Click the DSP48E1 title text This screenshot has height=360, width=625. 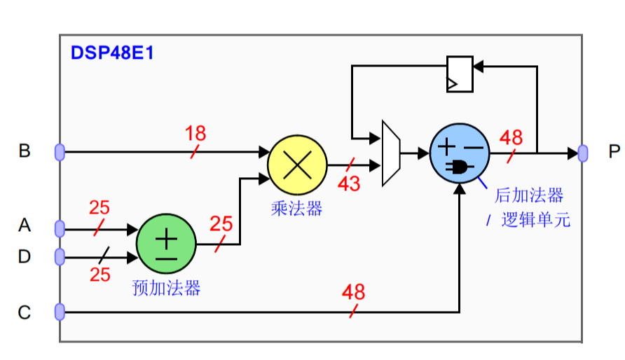point(111,53)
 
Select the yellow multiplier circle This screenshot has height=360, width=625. point(297,165)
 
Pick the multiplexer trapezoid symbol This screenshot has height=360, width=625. point(390,153)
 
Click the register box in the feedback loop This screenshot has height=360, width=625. point(460,74)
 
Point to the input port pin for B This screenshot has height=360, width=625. point(60,151)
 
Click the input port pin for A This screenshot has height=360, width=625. point(60,228)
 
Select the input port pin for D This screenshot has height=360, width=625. point(60,257)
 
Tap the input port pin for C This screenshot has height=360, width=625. point(60,312)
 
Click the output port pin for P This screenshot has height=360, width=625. point(582,153)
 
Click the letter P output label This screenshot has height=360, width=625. point(614,152)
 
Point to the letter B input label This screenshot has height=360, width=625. point(25,151)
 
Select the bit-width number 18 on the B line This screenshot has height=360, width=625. point(196,134)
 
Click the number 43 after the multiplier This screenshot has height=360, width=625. point(349,184)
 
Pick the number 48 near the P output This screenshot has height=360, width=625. point(511,137)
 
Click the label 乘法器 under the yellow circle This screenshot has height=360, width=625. point(296,208)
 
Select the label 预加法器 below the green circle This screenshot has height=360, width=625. point(166,288)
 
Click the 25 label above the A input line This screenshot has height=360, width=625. point(99,208)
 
